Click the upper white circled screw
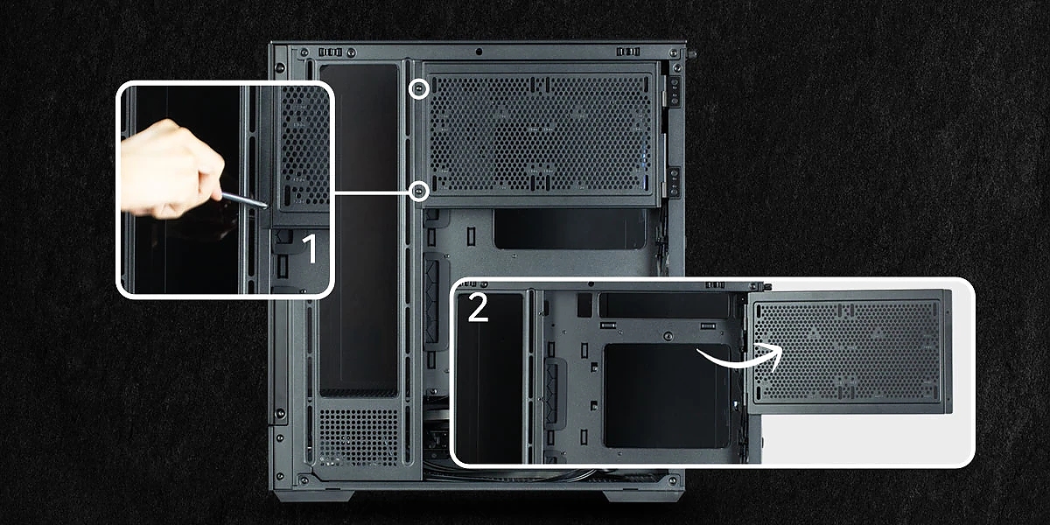pyautogui.click(x=418, y=88)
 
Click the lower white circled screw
pyautogui.click(x=418, y=192)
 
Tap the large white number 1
pyautogui.click(x=311, y=248)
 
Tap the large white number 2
pyautogui.click(x=478, y=307)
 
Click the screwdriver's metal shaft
pyautogui.click(x=244, y=200)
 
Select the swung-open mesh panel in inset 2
pyautogui.click(x=850, y=352)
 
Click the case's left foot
pyautogui.click(x=314, y=496)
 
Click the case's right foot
pyautogui.click(x=642, y=496)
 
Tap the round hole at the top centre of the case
pyautogui.click(x=479, y=52)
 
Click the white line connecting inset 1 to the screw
pyautogui.click(x=371, y=192)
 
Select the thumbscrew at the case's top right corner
pyautogui.click(x=691, y=54)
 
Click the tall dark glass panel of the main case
pyautogui.click(x=359, y=229)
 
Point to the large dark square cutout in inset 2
pyautogui.click(x=668, y=396)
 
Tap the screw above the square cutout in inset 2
pyautogui.click(x=668, y=336)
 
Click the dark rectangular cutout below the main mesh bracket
pyautogui.click(x=570, y=228)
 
